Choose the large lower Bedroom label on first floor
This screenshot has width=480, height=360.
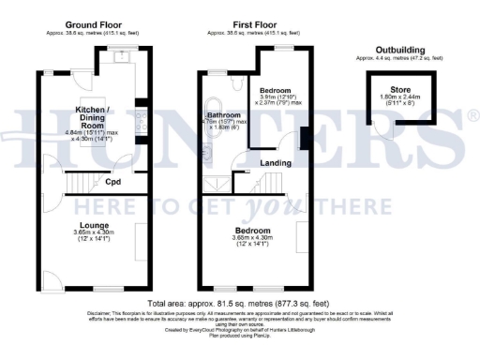252,230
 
